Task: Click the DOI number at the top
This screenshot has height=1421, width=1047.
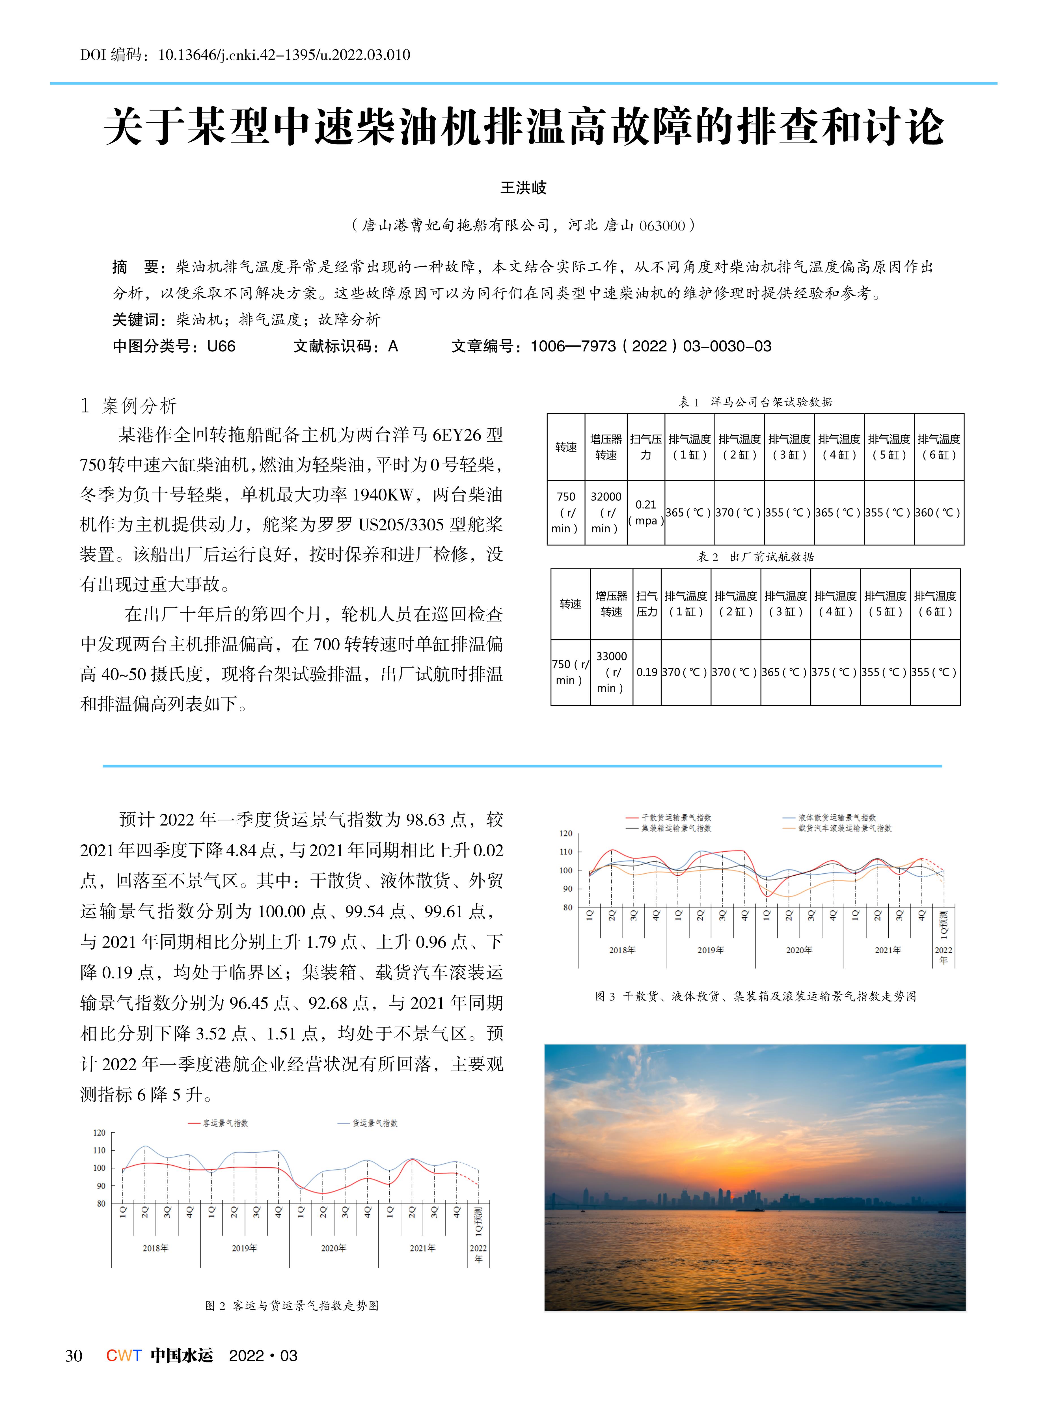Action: [x=284, y=55]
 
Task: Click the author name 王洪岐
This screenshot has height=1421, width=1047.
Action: [x=523, y=188]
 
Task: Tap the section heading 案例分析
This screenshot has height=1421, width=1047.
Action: [x=139, y=406]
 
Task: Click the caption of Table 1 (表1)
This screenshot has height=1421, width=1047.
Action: [x=755, y=402]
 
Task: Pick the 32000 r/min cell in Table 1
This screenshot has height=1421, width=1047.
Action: [x=606, y=512]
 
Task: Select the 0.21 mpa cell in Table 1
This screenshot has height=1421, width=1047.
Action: [x=646, y=512]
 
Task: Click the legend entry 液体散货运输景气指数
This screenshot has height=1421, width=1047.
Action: [x=837, y=818]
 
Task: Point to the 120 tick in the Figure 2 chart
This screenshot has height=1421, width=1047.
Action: [x=100, y=1133]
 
